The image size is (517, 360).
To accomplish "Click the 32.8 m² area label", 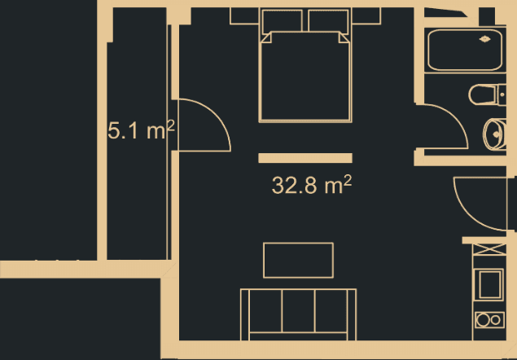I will pos(311,186).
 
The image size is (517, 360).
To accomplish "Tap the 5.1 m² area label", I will pos(142,130).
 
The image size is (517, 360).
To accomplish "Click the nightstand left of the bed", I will pos(244,15).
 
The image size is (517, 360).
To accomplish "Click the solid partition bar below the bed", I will pos(305,158).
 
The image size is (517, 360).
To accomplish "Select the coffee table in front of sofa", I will pos(298,260).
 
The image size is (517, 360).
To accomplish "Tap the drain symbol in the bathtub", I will pos(485,38).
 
